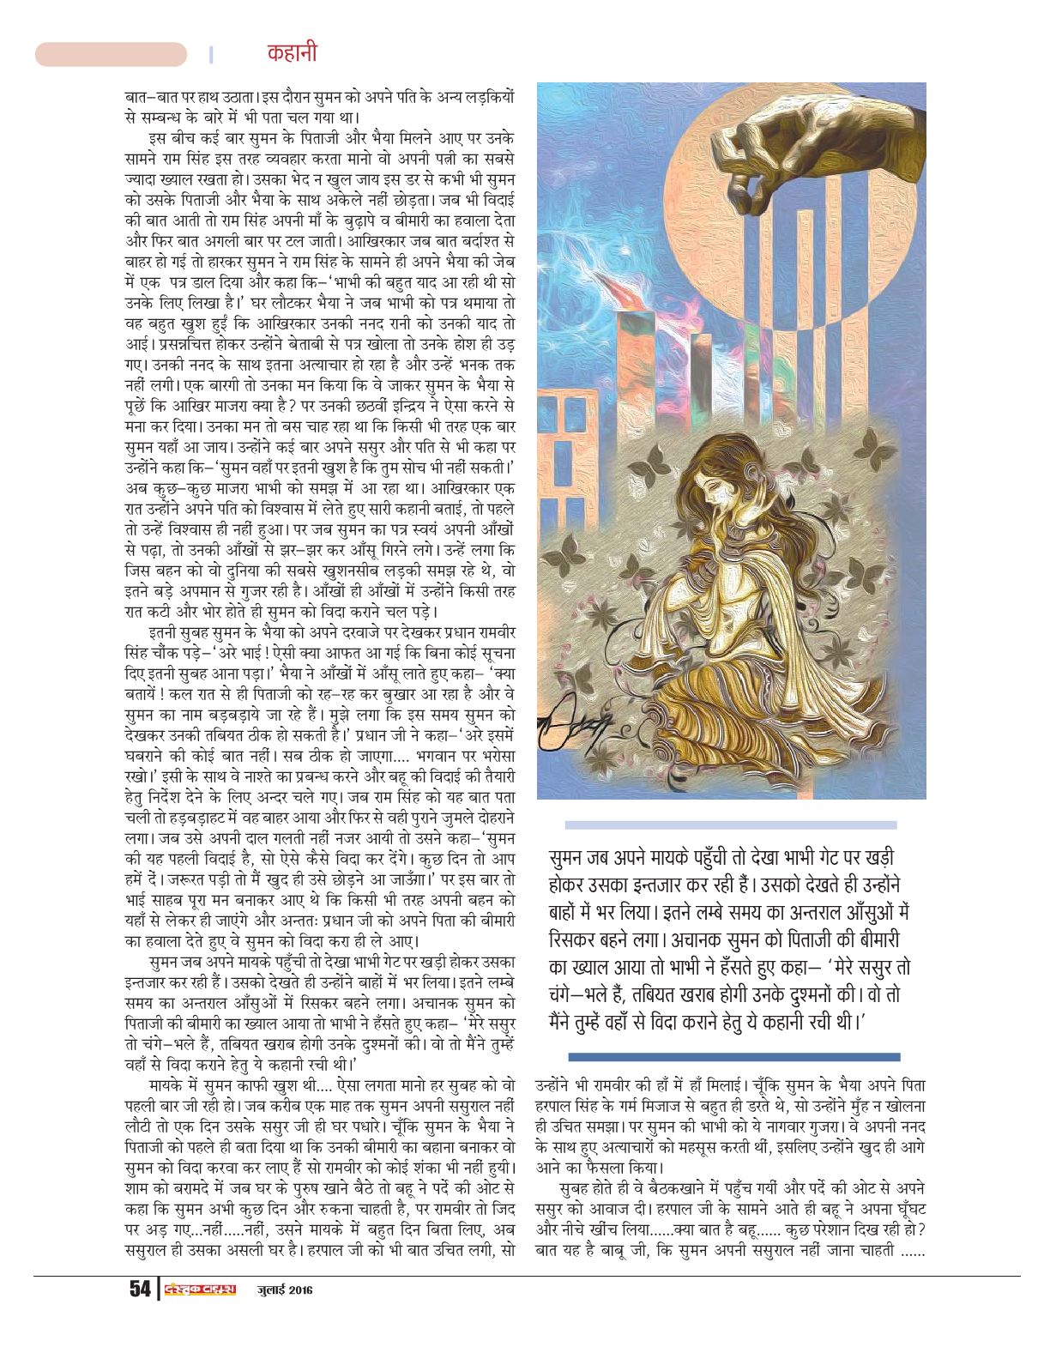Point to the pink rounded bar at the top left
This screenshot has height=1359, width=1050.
click(x=111, y=54)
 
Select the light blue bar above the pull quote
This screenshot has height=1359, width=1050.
click(x=731, y=824)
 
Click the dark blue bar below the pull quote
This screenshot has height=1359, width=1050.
click(x=733, y=1056)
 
